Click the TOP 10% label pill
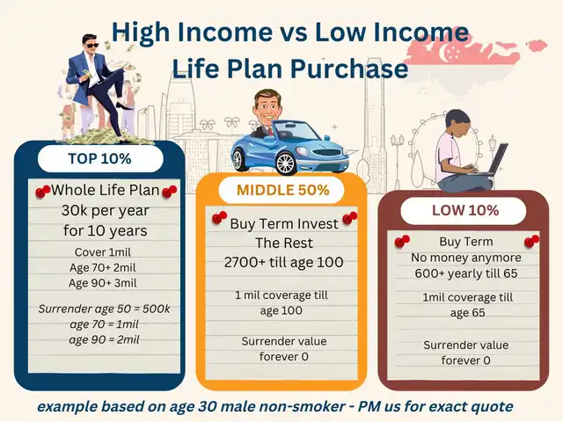point(100,158)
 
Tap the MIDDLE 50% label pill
point(282,190)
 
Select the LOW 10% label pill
point(464,211)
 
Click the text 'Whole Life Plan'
point(105,190)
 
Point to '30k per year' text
point(105,211)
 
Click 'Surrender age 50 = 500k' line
point(104,309)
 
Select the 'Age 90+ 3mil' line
point(103,283)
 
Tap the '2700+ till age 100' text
point(283,262)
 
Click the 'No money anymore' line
point(466,258)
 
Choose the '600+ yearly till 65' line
point(466,273)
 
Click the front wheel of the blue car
point(285,164)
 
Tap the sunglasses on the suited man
point(91,46)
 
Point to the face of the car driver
point(267,106)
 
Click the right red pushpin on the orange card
point(350,218)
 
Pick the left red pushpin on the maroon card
point(402,242)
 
